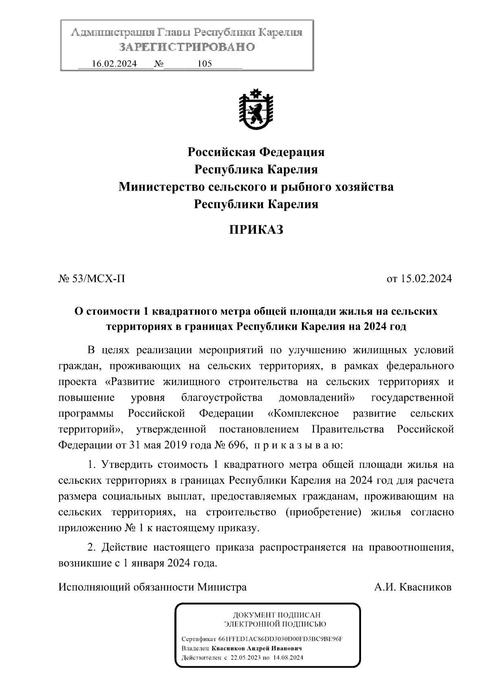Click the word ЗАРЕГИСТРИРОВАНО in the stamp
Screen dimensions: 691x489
pyautogui.click(x=187, y=47)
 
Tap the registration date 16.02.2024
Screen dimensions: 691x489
pyautogui.click(x=114, y=64)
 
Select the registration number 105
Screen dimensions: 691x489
pyautogui.click(x=204, y=64)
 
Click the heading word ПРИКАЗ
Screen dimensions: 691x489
pyautogui.click(x=256, y=230)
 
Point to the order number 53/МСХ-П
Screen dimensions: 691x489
pyautogui.click(x=98, y=279)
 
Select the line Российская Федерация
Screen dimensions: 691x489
pyautogui.click(x=256, y=152)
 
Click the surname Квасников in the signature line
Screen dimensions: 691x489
pyautogui.click(x=425, y=587)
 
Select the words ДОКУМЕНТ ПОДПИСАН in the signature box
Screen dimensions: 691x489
pyautogui.click(x=276, y=615)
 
